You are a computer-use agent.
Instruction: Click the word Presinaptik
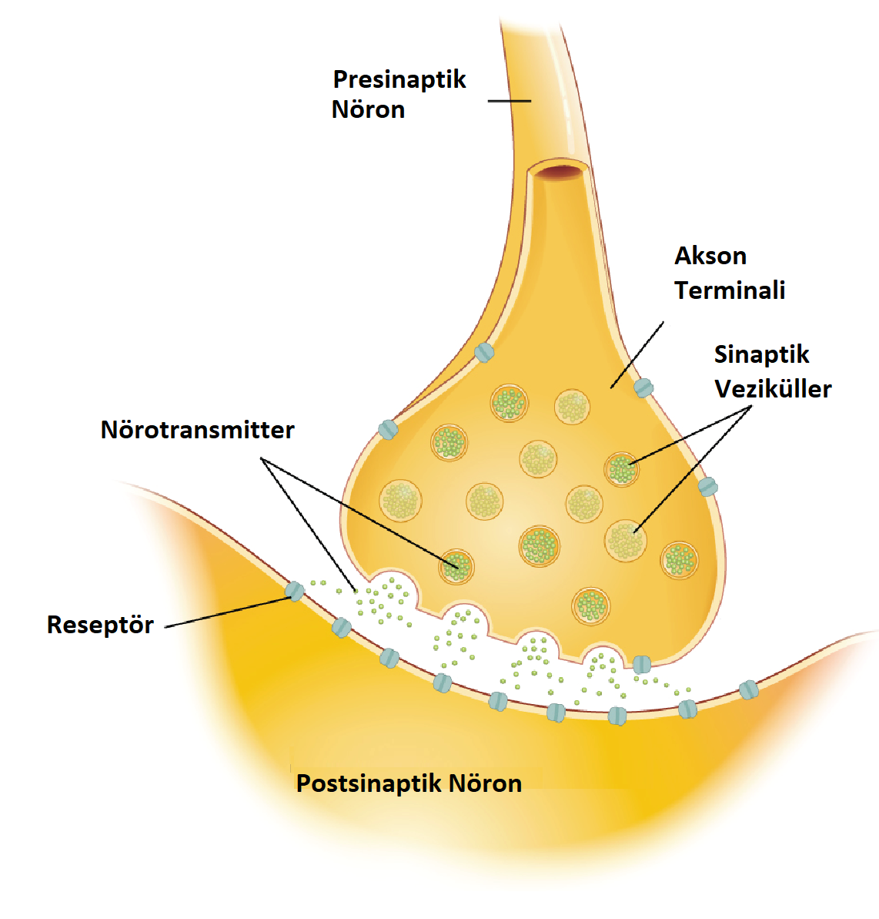pyautogui.click(x=399, y=80)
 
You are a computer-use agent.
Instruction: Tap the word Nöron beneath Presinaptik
pyautogui.click(x=368, y=110)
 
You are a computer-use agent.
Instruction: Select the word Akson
pyautogui.click(x=710, y=256)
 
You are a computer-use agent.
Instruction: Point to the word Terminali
pyautogui.click(x=730, y=290)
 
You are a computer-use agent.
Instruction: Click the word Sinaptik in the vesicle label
pyautogui.click(x=761, y=354)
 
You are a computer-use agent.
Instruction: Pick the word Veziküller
pyautogui.click(x=773, y=389)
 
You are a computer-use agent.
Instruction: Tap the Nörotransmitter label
pyautogui.click(x=197, y=430)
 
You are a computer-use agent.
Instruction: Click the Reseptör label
pyautogui.click(x=100, y=625)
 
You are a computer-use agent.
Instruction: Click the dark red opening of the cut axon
pyautogui.click(x=560, y=173)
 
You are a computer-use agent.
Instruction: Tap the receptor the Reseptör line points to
pyautogui.click(x=295, y=592)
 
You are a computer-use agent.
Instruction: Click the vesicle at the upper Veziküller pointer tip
pyautogui.click(x=621, y=468)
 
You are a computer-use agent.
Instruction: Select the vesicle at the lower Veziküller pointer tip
pyautogui.click(x=625, y=540)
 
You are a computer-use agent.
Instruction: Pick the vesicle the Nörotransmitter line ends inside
pyautogui.click(x=456, y=567)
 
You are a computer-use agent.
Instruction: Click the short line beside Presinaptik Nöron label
pyautogui.click(x=510, y=101)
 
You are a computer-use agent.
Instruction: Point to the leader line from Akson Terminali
pyautogui.click(x=637, y=354)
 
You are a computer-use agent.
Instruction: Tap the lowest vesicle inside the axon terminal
pyautogui.click(x=591, y=605)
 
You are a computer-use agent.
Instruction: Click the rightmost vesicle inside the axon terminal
pyautogui.click(x=679, y=559)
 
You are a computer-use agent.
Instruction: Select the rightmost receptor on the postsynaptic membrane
pyautogui.click(x=748, y=690)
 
